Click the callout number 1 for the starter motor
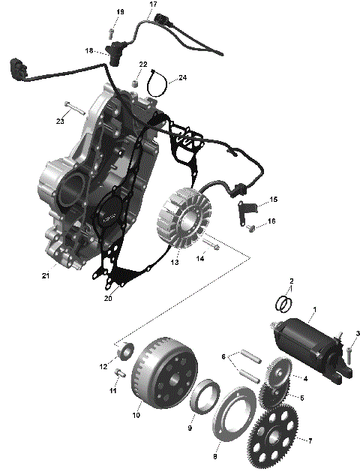(314, 310)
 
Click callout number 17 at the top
(153, 5)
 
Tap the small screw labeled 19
(111, 32)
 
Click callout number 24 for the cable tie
(182, 77)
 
